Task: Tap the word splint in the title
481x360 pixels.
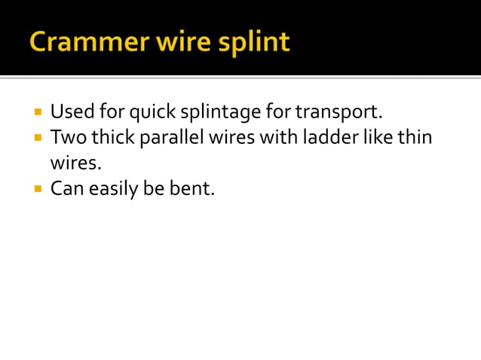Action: point(253,42)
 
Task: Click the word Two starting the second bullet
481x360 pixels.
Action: point(66,138)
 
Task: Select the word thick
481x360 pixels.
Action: point(112,138)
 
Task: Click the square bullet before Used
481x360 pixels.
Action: point(38,113)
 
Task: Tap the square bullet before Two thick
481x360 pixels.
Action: point(38,139)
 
